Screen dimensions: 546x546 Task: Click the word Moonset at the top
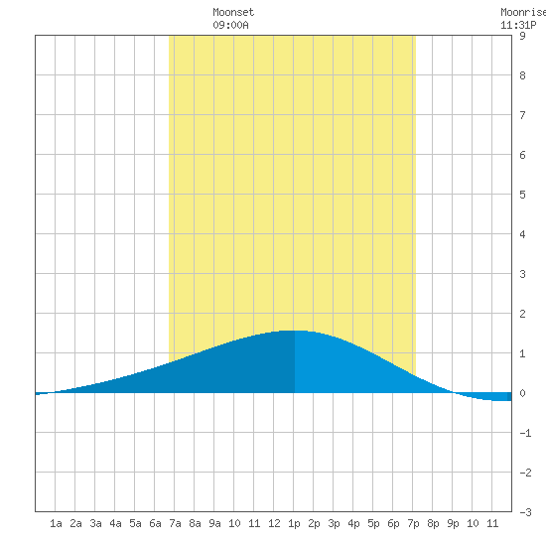click(233, 12)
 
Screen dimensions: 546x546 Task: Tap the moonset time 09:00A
click(230, 25)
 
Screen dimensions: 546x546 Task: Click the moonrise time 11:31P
click(518, 25)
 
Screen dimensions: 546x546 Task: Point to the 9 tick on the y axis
click(522, 36)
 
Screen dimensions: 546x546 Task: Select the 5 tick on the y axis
click(522, 195)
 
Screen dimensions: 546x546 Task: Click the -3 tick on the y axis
click(525, 512)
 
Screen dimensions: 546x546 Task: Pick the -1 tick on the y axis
click(525, 433)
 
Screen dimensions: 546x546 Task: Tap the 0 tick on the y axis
click(522, 393)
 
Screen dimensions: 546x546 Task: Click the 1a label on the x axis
click(56, 523)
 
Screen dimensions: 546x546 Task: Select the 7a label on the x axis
click(175, 523)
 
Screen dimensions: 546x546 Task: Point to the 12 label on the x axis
click(274, 523)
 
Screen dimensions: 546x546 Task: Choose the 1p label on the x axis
click(294, 523)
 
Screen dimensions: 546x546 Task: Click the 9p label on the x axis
click(453, 523)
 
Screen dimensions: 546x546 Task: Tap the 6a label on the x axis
click(155, 523)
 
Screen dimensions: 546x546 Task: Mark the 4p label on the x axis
click(353, 523)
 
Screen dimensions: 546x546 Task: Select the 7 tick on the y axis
click(522, 115)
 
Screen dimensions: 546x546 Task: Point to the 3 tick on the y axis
click(522, 274)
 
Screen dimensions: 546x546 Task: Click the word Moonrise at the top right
click(523, 12)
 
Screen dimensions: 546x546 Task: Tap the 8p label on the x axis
click(433, 523)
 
